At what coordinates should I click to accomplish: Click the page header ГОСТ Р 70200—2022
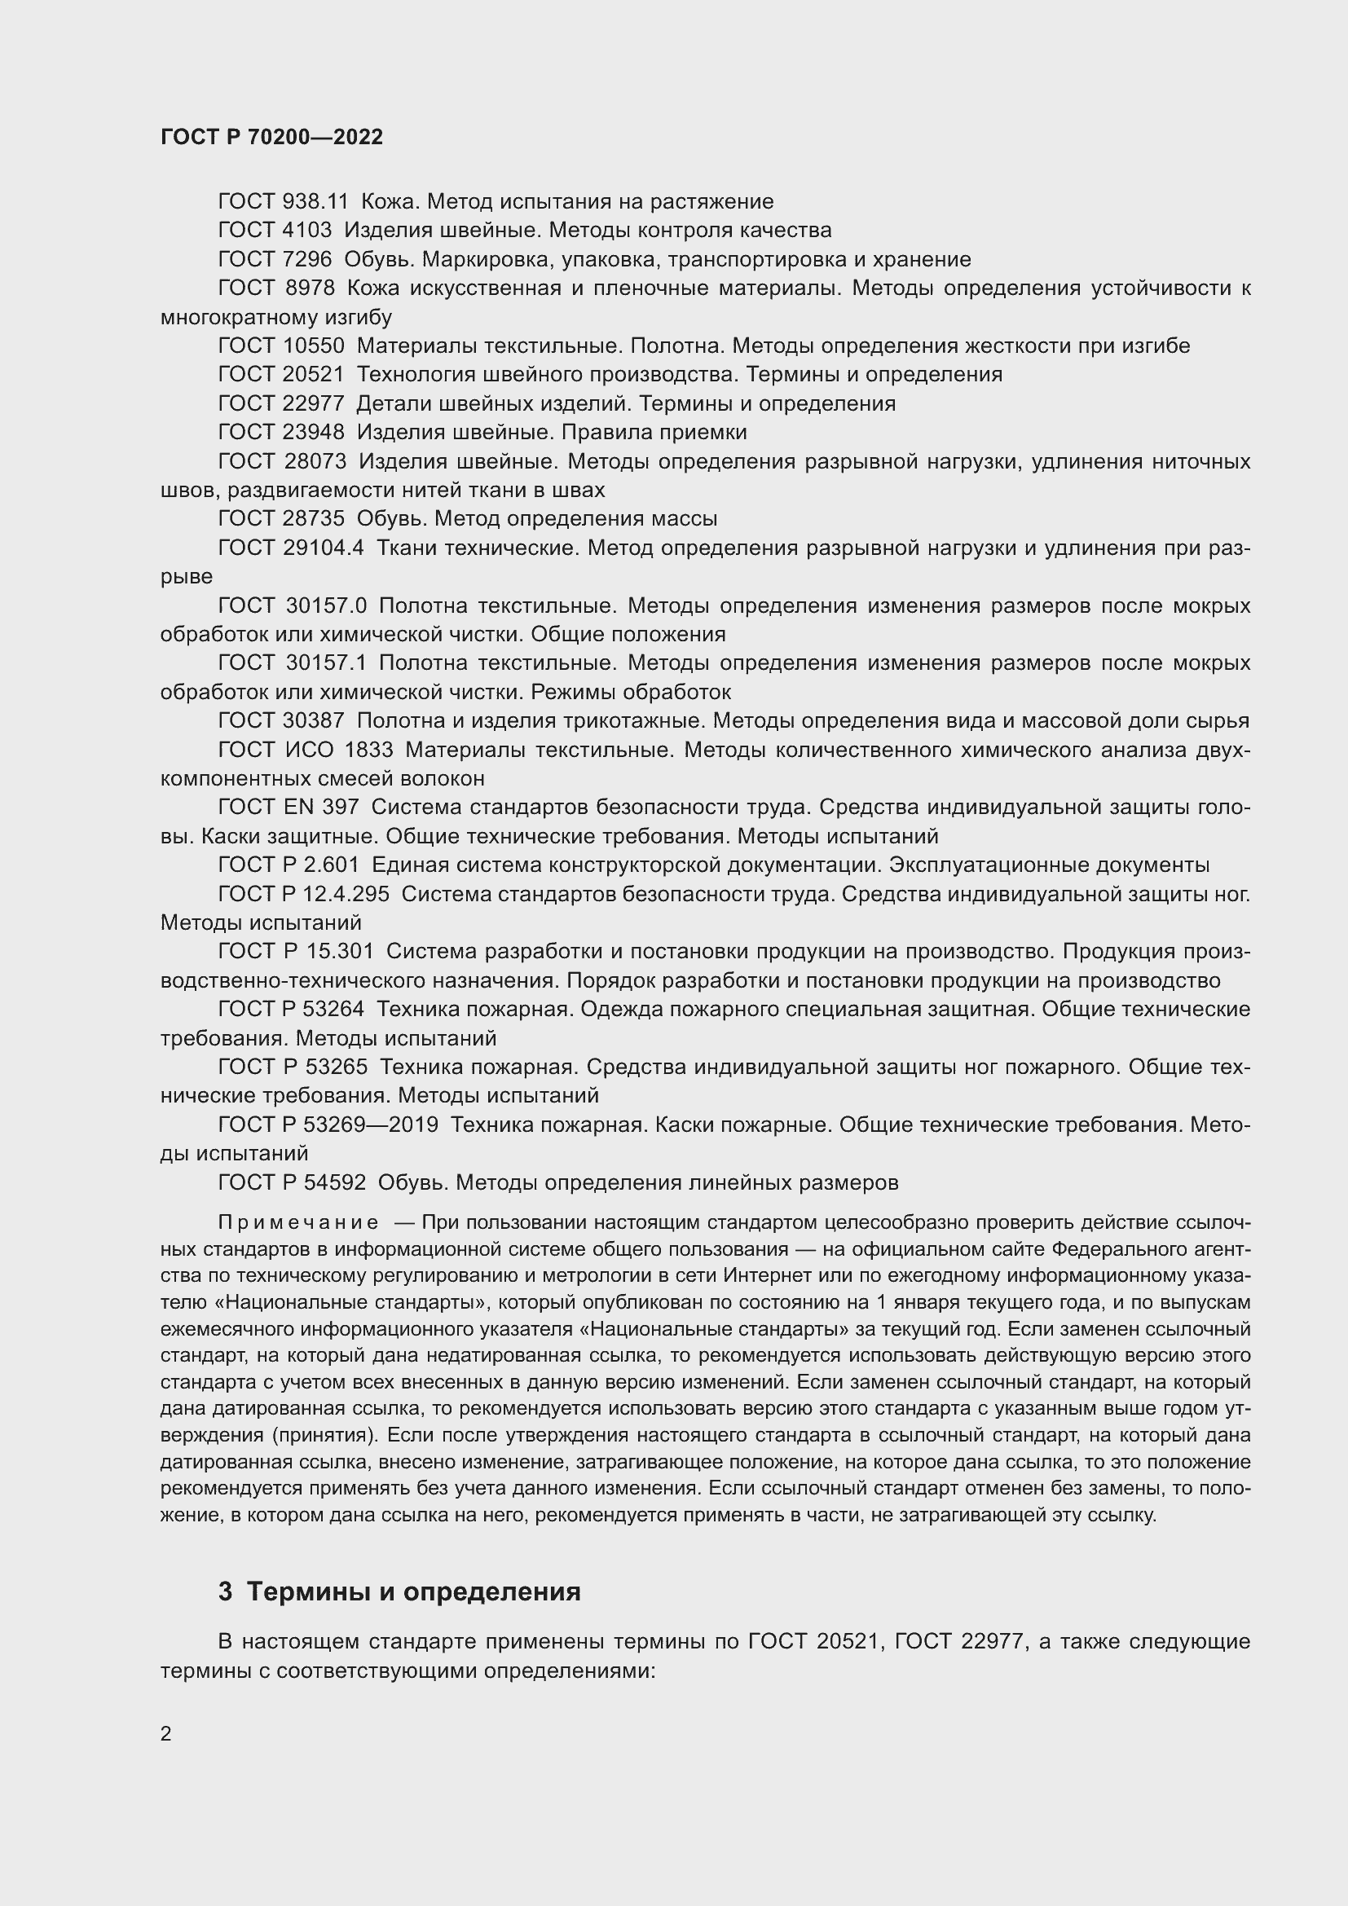[x=271, y=137]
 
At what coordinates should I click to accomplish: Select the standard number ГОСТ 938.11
[x=283, y=202]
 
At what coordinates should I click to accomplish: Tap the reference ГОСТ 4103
[x=274, y=230]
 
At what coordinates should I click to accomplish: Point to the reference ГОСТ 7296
[x=274, y=260]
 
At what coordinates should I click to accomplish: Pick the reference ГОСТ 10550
[x=280, y=346]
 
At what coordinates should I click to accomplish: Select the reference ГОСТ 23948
[x=280, y=433]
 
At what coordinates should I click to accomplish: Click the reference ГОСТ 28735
[x=280, y=519]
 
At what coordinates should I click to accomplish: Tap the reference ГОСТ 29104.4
[x=290, y=548]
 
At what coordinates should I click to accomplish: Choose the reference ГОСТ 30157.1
[x=293, y=663]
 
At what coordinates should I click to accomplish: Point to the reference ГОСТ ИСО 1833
[x=306, y=750]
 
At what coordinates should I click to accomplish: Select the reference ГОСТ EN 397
[x=288, y=807]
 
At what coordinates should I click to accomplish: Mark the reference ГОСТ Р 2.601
[x=288, y=865]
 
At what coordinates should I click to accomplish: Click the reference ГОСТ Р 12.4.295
[x=303, y=894]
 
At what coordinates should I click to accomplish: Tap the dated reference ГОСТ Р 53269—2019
[x=328, y=1125]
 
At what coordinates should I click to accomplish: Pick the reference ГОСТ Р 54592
[x=291, y=1182]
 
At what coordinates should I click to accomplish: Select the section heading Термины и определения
[x=413, y=1592]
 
